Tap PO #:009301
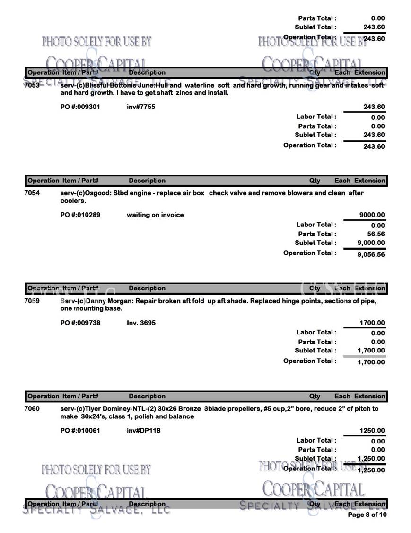point(80,107)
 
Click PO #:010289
point(80,215)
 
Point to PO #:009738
point(80,323)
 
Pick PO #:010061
point(80,431)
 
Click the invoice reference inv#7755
point(141,107)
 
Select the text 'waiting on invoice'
point(155,215)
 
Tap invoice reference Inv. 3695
point(141,323)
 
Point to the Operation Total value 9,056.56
point(371,254)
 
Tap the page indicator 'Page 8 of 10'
point(367,515)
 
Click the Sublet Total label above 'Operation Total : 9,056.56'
point(315,243)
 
